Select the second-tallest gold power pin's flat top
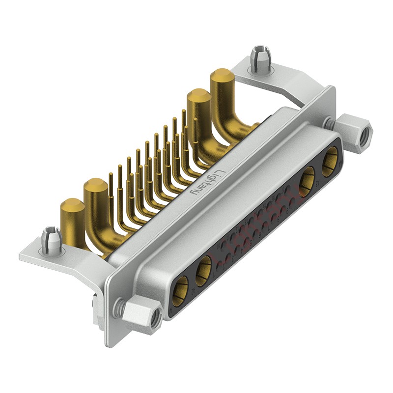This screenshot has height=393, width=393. click(x=197, y=96)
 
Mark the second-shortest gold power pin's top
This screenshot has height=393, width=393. click(x=96, y=186)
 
